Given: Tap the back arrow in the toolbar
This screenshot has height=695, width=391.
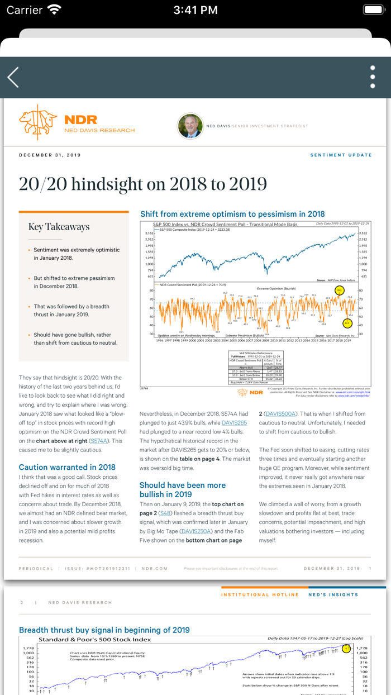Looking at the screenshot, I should point(13,77).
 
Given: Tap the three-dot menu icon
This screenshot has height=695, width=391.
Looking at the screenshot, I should point(373,77).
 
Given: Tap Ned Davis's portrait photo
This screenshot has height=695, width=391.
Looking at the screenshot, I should point(190,126).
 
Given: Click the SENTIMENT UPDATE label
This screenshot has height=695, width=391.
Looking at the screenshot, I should point(341,155).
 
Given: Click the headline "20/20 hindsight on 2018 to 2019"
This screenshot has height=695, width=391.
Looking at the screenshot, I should point(143,184).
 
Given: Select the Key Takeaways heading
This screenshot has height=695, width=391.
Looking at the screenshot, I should point(59,227).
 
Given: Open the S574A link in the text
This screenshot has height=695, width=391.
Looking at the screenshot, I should point(98,441).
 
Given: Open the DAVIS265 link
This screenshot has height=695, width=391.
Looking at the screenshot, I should point(234,423).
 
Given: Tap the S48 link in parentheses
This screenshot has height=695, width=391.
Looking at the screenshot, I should point(165,513).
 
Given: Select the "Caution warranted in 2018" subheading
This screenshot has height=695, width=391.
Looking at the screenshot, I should point(67,467).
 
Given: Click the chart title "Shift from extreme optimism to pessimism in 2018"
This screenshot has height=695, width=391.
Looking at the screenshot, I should point(232,214).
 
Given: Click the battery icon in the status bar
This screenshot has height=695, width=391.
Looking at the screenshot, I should point(373,10).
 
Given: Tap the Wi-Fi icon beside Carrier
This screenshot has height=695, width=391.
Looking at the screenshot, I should point(54,9).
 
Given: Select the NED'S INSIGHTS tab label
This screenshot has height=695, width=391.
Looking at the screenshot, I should point(333,594).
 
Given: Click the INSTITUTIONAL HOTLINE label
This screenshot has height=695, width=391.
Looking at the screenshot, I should point(261,594).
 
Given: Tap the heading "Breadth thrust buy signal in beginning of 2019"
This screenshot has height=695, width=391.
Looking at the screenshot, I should point(104,630).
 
